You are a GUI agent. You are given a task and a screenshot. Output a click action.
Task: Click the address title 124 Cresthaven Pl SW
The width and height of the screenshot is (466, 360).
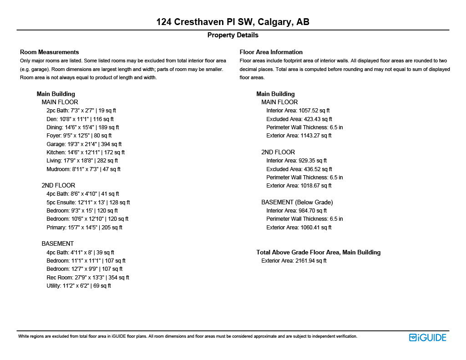click(x=233, y=22)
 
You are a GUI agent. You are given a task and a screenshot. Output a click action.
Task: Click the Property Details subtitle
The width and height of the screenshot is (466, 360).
click(x=233, y=35)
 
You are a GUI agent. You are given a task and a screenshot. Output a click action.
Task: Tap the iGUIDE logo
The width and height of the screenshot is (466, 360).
click(x=427, y=337)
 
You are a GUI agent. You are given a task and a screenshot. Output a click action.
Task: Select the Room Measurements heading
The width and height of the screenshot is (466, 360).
click(x=49, y=52)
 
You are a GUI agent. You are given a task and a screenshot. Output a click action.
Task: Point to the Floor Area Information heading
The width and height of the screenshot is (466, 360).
click(x=271, y=52)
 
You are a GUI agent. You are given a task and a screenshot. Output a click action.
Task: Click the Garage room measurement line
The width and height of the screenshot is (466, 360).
click(x=84, y=144)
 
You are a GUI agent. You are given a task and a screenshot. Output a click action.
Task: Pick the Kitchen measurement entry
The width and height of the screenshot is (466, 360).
click(x=85, y=152)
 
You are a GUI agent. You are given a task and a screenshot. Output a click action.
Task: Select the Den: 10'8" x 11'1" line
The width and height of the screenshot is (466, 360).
click(x=80, y=119)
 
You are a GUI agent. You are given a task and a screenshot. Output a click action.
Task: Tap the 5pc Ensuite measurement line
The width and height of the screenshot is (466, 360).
click(x=88, y=202)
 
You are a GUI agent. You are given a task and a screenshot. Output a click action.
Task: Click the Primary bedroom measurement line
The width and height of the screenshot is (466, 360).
click(x=84, y=227)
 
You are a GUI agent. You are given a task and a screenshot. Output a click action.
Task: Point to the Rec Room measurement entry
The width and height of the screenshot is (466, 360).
click(x=87, y=277)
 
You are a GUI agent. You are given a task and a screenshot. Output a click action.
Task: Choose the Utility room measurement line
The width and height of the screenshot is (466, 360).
click(x=78, y=286)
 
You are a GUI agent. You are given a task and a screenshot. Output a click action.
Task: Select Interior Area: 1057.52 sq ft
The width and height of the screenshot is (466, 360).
click(x=298, y=110)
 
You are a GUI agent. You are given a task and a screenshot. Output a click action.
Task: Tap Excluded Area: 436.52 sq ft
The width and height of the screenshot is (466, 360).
click(x=299, y=169)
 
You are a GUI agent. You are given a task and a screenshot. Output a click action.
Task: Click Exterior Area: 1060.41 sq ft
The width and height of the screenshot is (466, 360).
click(x=299, y=227)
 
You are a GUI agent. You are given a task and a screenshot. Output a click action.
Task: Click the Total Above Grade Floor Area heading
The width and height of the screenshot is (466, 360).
click(x=318, y=252)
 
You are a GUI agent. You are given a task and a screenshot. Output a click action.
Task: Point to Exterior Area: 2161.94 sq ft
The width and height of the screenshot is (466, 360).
click(x=294, y=260)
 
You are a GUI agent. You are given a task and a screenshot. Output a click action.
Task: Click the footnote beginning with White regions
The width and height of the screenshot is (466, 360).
click(x=187, y=336)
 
